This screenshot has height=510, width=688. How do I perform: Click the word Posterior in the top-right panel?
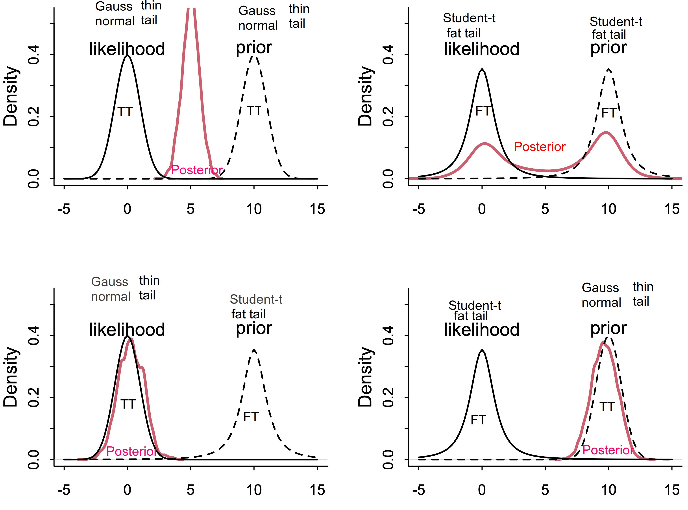[539, 147]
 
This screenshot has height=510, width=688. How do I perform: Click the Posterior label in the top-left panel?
[197, 170]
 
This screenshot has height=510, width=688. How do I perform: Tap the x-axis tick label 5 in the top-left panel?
[191, 209]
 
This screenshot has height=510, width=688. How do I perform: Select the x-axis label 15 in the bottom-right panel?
[672, 490]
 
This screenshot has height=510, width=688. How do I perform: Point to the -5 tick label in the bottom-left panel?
[64, 490]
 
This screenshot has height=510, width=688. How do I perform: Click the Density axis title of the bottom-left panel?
[11, 377]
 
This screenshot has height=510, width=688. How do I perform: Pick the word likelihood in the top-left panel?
[127, 49]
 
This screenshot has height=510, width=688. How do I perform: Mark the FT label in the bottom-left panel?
[251, 417]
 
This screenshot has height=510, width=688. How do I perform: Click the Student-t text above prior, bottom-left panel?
[256, 299]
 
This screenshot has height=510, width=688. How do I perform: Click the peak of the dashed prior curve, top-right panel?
[608, 69]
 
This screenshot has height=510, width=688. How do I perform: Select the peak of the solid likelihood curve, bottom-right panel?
[482, 350]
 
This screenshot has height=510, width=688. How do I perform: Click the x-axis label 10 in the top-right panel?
[608, 209]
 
